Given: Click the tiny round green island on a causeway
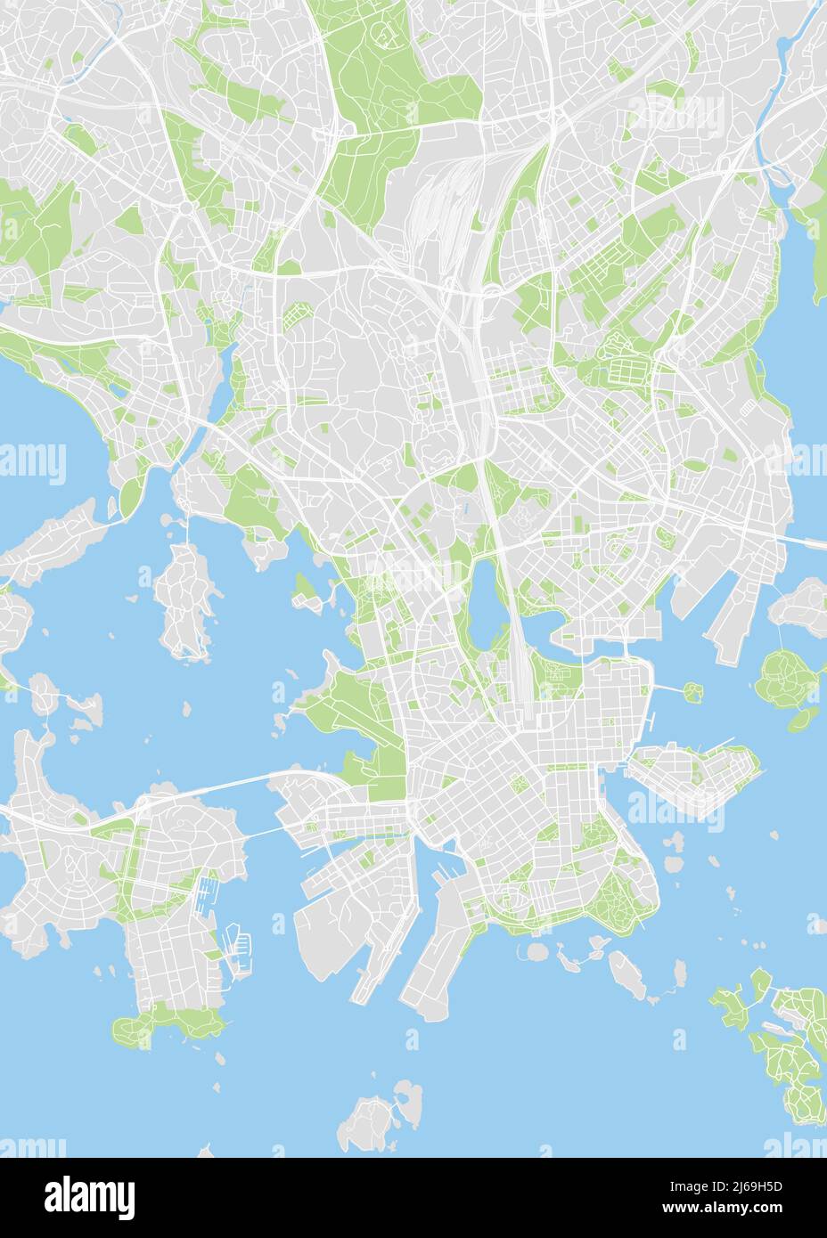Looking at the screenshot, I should (x=692, y=688).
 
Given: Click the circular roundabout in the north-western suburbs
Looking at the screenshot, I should (x=185, y=207).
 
